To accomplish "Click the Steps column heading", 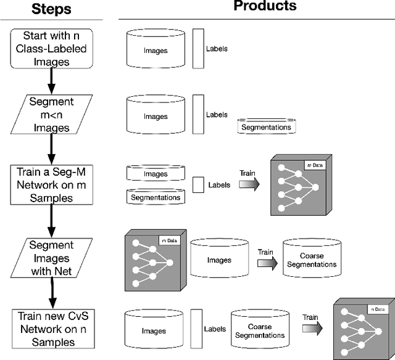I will tap(51, 10).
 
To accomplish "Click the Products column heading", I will tap(265, 7).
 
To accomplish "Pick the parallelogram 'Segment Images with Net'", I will tap(51, 258).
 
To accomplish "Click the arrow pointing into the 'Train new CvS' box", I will tap(51, 295).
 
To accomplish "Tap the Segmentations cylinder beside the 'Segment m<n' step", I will tap(265, 126).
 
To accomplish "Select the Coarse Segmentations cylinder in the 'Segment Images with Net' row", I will tap(311, 260).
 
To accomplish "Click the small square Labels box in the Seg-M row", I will tap(198, 184).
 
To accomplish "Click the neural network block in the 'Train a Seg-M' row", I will tap(297, 186).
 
